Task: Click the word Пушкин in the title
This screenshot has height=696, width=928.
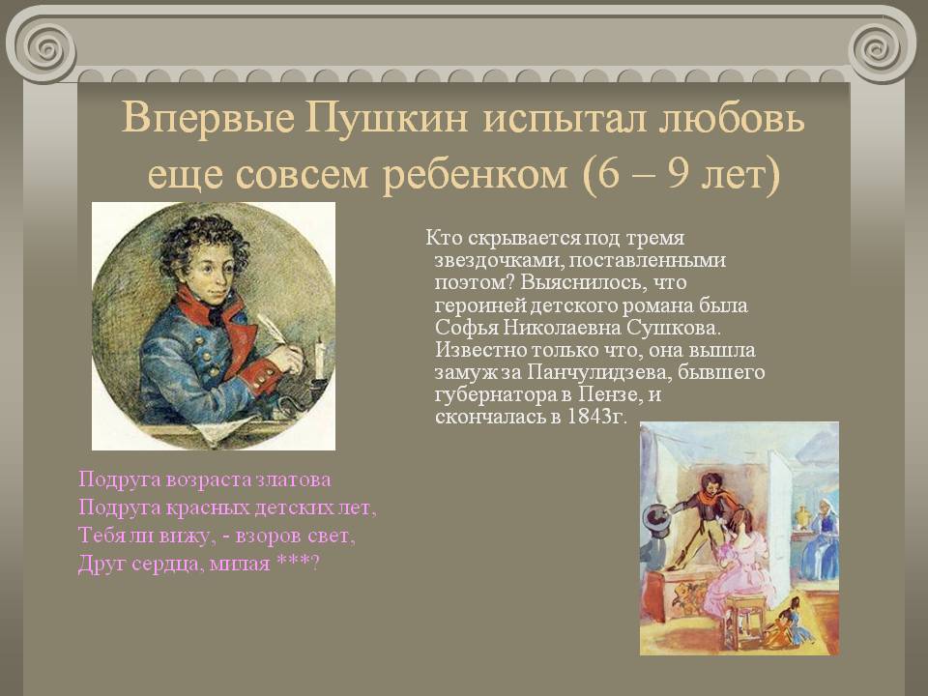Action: (x=387, y=118)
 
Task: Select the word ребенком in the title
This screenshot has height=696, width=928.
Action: (x=474, y=174)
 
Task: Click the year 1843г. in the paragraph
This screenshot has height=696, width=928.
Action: (x=596, y=417)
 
